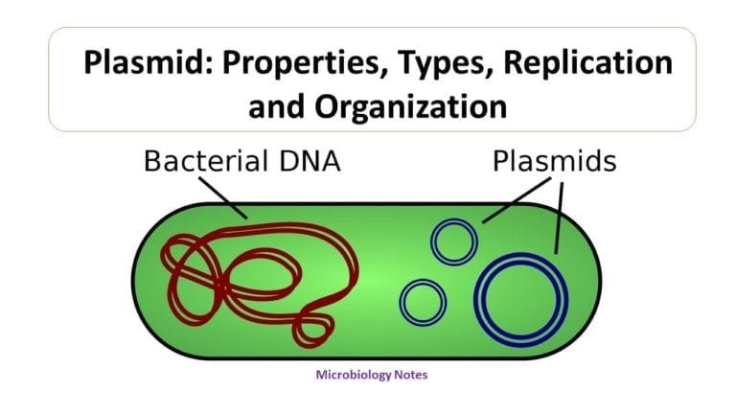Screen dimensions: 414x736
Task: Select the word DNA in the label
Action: point(310,161)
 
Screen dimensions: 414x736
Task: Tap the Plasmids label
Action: point(554,160)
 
